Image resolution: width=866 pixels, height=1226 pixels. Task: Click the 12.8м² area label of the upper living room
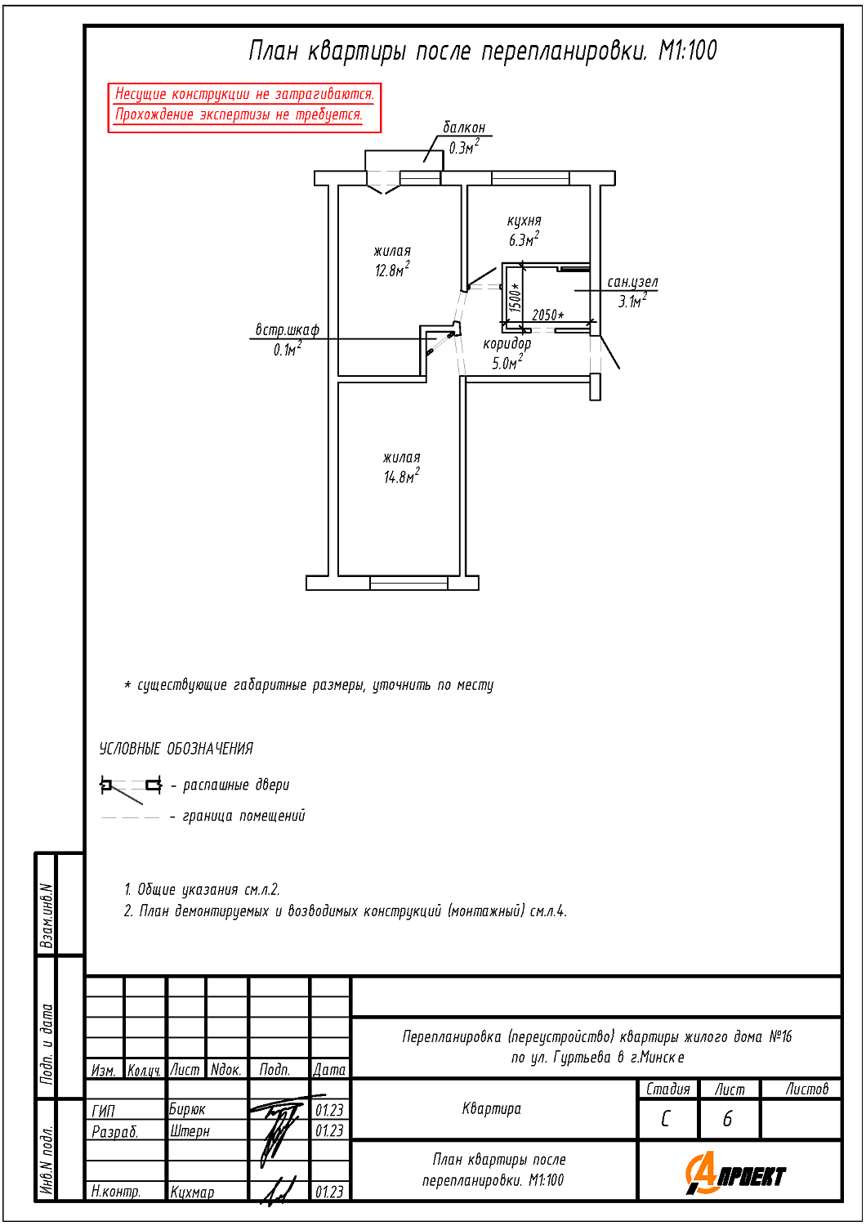pyautogui.click(x=392, y=270)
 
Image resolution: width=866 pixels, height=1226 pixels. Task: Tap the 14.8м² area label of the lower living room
pyautogui.click(x=401, y=476)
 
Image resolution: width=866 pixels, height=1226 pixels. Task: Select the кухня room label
pyautogui.click(x=524, y=221)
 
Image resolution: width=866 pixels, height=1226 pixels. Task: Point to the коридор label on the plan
pyautogui.click(x=507, y=344)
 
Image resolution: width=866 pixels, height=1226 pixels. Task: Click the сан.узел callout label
pyautogui.click(x=632, y=282)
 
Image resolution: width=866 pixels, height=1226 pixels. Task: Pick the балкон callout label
pyautogui.click(x=464, y=128)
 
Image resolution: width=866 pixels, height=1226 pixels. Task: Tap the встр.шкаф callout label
pyautogui.click(x=287, y=330)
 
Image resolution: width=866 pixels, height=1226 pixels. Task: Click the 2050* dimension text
pyautogui.click(x=547, y=315)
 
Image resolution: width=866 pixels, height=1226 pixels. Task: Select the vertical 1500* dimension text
pyautogui.click(x=515, y=298)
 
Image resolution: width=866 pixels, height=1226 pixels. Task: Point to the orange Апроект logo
pyautogui.click(x=734, y=1175)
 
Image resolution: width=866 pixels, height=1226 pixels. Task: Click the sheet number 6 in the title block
pyautogui.click(x=728, y=1119)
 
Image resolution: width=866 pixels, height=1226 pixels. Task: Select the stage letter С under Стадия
pyautogui.click(x=666, y=1119)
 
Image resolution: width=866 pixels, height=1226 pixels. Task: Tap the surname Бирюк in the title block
pyautogui.click(x=187, y=1110)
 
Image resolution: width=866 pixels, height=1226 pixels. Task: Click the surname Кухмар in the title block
pyautogui.click(x=192, y=1192)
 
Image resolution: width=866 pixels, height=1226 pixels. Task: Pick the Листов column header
pyautogui.click(x=806, y=1089)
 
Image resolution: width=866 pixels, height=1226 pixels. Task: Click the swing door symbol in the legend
pyautogui.click(x=131, y=786)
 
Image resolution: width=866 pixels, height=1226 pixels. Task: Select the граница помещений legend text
pyautogui.click(x=243, y=816)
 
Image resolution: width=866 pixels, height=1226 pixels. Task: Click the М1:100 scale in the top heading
pyautogui.click(x=688, y=51)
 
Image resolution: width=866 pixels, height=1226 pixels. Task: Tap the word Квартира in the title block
pyautogui.click(x=491, y=1109)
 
